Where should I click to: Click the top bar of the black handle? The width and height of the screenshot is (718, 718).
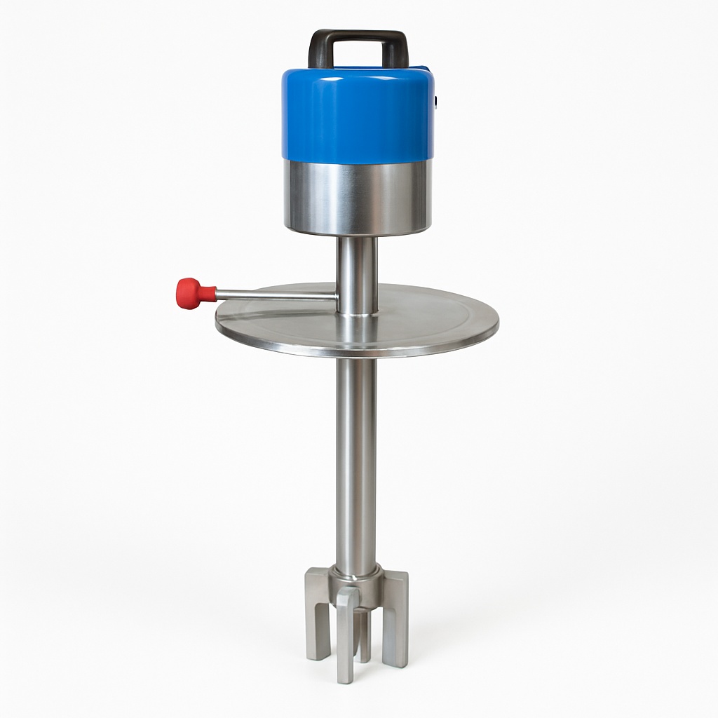tap(357, 36)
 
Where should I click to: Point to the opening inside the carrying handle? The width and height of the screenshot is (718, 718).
tap(357, 55)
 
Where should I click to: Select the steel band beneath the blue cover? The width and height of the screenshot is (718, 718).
tap(357, 196)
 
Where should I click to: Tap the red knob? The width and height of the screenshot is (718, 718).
tap(189, 292)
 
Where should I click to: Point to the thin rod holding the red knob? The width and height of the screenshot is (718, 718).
tap(273, 295)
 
